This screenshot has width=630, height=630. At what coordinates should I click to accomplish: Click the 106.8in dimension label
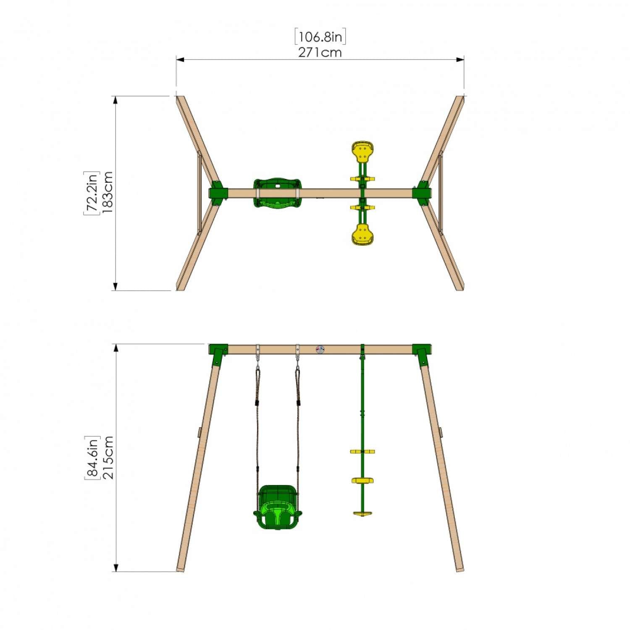click(x=320, y=37)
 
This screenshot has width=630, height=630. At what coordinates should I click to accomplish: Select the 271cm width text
click(x=320, y=52)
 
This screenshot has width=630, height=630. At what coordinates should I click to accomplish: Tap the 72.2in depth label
click(x=91, y=193)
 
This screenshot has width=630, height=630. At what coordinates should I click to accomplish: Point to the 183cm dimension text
click(x=107, y=193)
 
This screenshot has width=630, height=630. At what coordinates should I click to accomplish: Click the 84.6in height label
click(x=92, y=457)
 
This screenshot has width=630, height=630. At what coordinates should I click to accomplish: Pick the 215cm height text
click(x=108, y=457)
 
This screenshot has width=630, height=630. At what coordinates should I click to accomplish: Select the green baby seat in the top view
click(x=277, y=193)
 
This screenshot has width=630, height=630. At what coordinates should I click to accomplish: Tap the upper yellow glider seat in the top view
click(x=363, y=152)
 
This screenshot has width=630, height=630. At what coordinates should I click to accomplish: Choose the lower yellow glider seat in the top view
click(x=363, y=234)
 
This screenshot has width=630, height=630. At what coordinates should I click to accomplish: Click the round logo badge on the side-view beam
click(x=320, y=349)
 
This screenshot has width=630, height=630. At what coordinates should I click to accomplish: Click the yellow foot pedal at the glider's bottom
click(x=362, y=513)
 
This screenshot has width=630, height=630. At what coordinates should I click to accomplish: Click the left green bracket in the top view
click(x=218, y=193)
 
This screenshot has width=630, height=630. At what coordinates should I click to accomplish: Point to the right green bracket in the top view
click(x=422, y=193)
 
